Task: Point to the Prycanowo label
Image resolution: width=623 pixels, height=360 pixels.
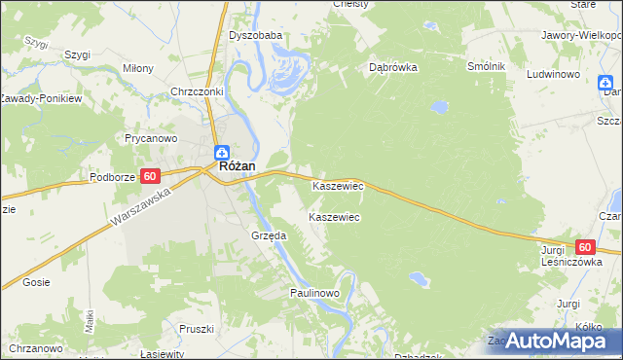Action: point(149,138)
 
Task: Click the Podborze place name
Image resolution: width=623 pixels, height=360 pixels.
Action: point(111,177)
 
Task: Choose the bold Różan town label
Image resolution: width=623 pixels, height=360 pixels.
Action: point(238,166)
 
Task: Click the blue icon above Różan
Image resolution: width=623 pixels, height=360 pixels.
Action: point(222,152)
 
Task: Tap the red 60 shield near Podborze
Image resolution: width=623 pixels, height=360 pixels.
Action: point(149,176)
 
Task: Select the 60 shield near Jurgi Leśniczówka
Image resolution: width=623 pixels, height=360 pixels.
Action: point(584,248)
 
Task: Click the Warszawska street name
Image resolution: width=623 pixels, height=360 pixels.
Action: point(140,210)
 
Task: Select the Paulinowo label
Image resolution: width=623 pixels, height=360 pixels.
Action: point(313,292)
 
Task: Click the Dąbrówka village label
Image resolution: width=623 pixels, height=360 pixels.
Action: point(393,68)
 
